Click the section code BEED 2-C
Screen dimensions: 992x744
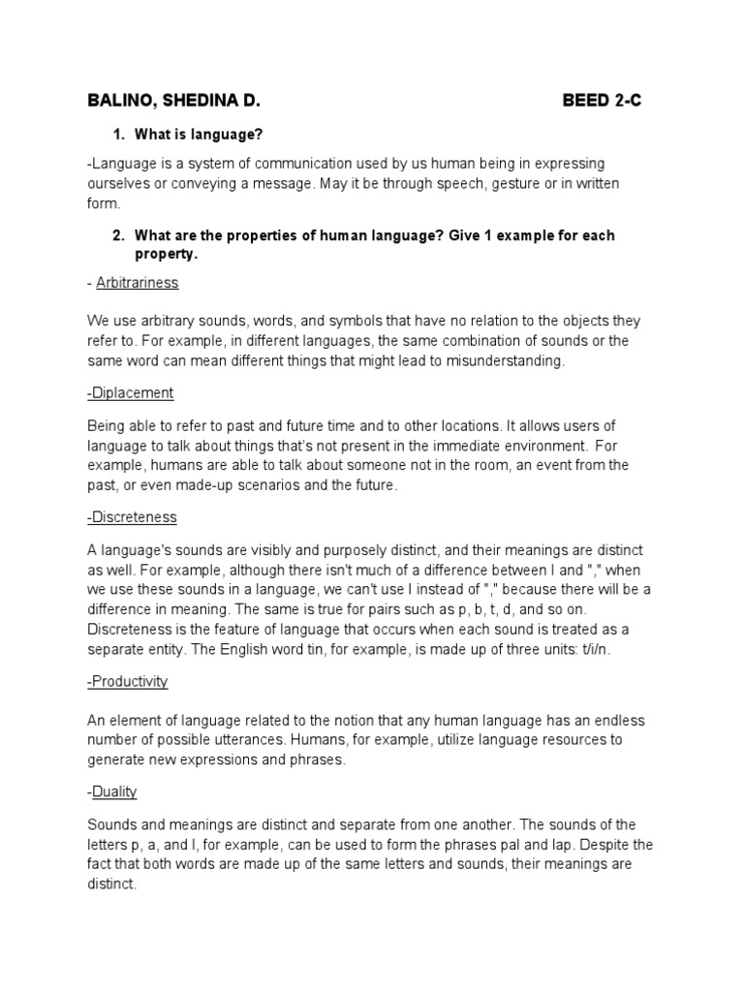point(602,101)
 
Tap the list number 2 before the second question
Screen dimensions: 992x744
point(117,235)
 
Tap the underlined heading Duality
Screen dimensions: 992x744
point(114,791)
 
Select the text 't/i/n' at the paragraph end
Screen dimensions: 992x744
point(593,650)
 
